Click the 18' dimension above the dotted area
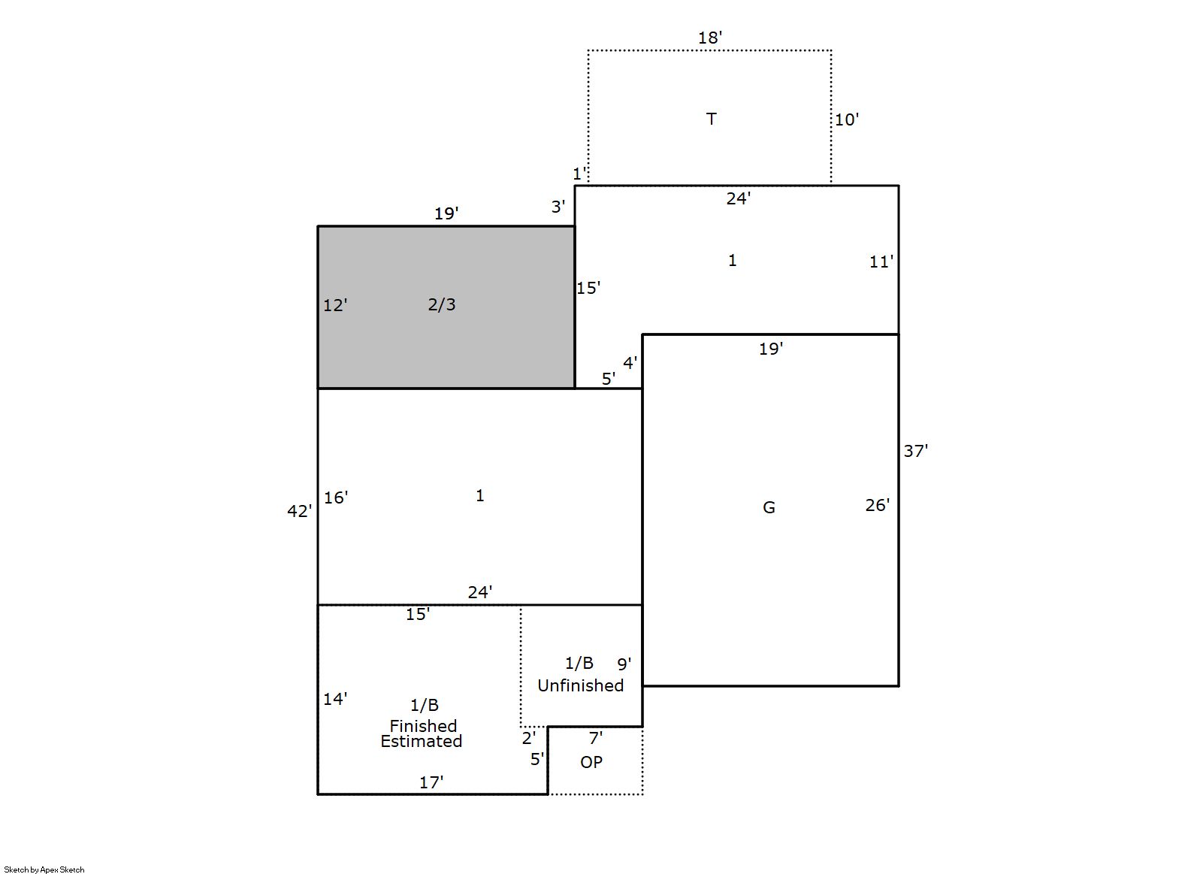[710, 38]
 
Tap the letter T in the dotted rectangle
[711, 119]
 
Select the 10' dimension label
[846, 119]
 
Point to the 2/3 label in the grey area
[442, 304]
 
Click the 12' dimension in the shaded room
[335, 305]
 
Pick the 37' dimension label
[915, 451]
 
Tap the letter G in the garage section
[769, 508]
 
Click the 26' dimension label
[878, 505]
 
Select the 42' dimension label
[299, 511]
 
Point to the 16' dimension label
[336, 497]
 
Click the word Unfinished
[580, 685]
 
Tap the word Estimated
[421, 741]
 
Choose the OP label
[591, 762]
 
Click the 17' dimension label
[431, 782]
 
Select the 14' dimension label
[335, 699]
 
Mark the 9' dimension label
[624, 664]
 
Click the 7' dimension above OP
[595, 738]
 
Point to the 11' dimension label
[881, 262]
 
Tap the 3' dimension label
[558, 207]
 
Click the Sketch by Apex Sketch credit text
[44, 869]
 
